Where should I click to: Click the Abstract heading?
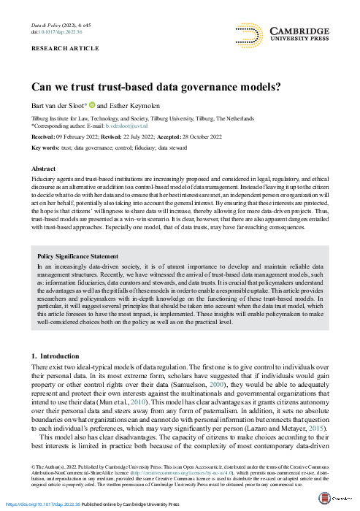click(x=45, y=168)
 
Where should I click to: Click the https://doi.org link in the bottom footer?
click(x=37, y=504)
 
